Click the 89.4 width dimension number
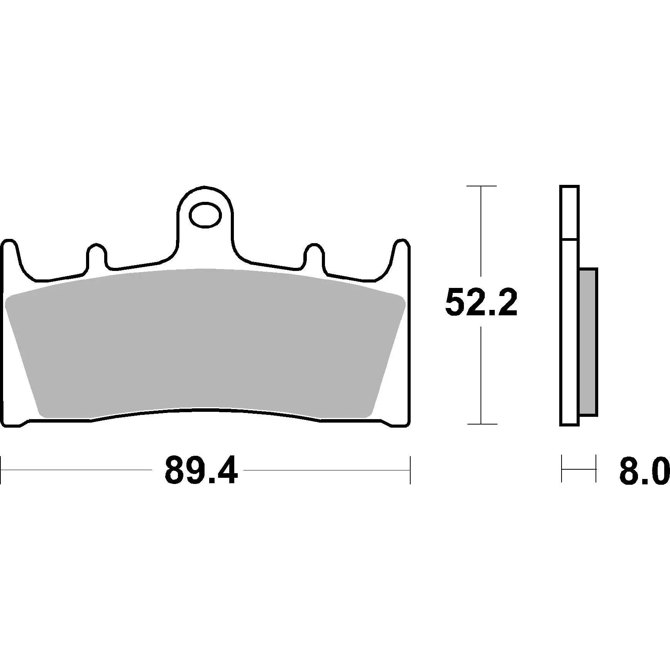tap(201, 470)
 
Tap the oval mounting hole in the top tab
tap(205, 214)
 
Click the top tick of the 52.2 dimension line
tap(481, 186)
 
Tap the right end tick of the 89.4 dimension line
tap(410, 470)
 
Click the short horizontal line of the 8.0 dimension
tap(579, 469)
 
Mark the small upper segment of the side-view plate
tap(569, 212)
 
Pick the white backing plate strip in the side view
tap(569, 332)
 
